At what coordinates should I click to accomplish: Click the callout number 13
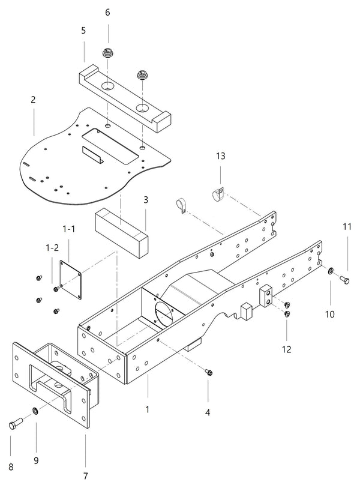(221, 156)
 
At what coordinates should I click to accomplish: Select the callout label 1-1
(69, 229)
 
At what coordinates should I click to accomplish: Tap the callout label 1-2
(52, 247)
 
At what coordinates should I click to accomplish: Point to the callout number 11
(347, 226)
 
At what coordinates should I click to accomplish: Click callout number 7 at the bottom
(85, 476)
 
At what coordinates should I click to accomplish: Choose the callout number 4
(208, 414)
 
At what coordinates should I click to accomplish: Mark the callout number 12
(287, 349)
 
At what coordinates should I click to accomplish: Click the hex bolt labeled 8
(15, 425)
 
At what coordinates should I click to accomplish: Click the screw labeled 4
(208, 373)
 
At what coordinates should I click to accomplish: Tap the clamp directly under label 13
(218, 194)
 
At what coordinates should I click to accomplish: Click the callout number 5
(83, 29)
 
